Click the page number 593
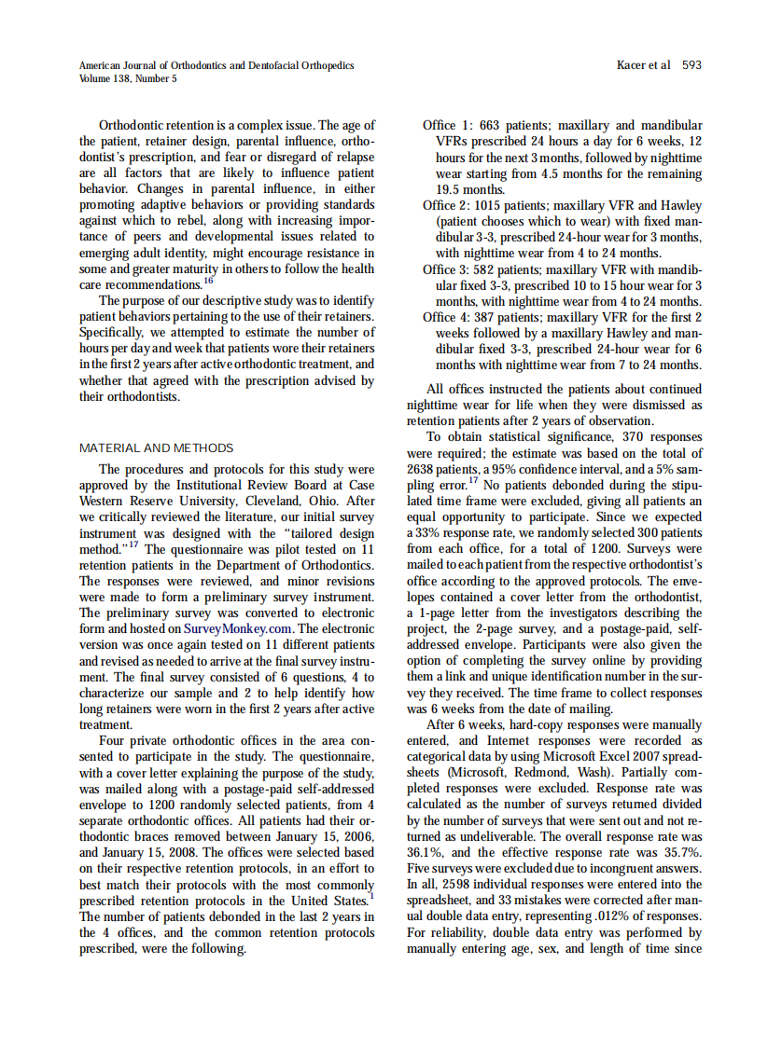pos(691,65)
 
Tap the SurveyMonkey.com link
pos(237,628)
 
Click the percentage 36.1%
pos(425,852)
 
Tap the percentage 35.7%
pos(681,852)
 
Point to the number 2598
pos(460,884)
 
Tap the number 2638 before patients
pos(425,468)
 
